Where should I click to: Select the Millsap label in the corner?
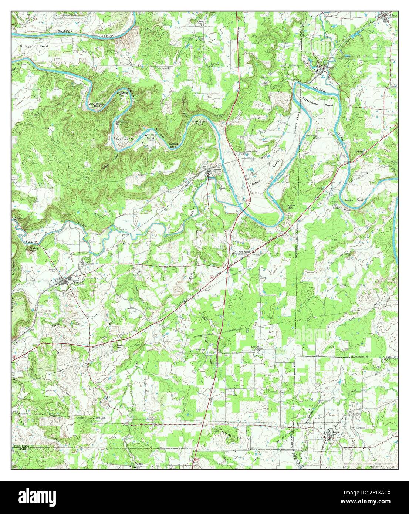(x=392, y=16)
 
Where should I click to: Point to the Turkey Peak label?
(x=34, y=250)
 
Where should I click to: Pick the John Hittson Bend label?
(x=97, y=105)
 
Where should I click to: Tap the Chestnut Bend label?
(x=122, y=94)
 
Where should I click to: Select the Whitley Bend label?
(x=150, y=136)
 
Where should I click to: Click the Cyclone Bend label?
(x=173, y=145)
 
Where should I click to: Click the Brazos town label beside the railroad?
(x=217, y=169)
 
